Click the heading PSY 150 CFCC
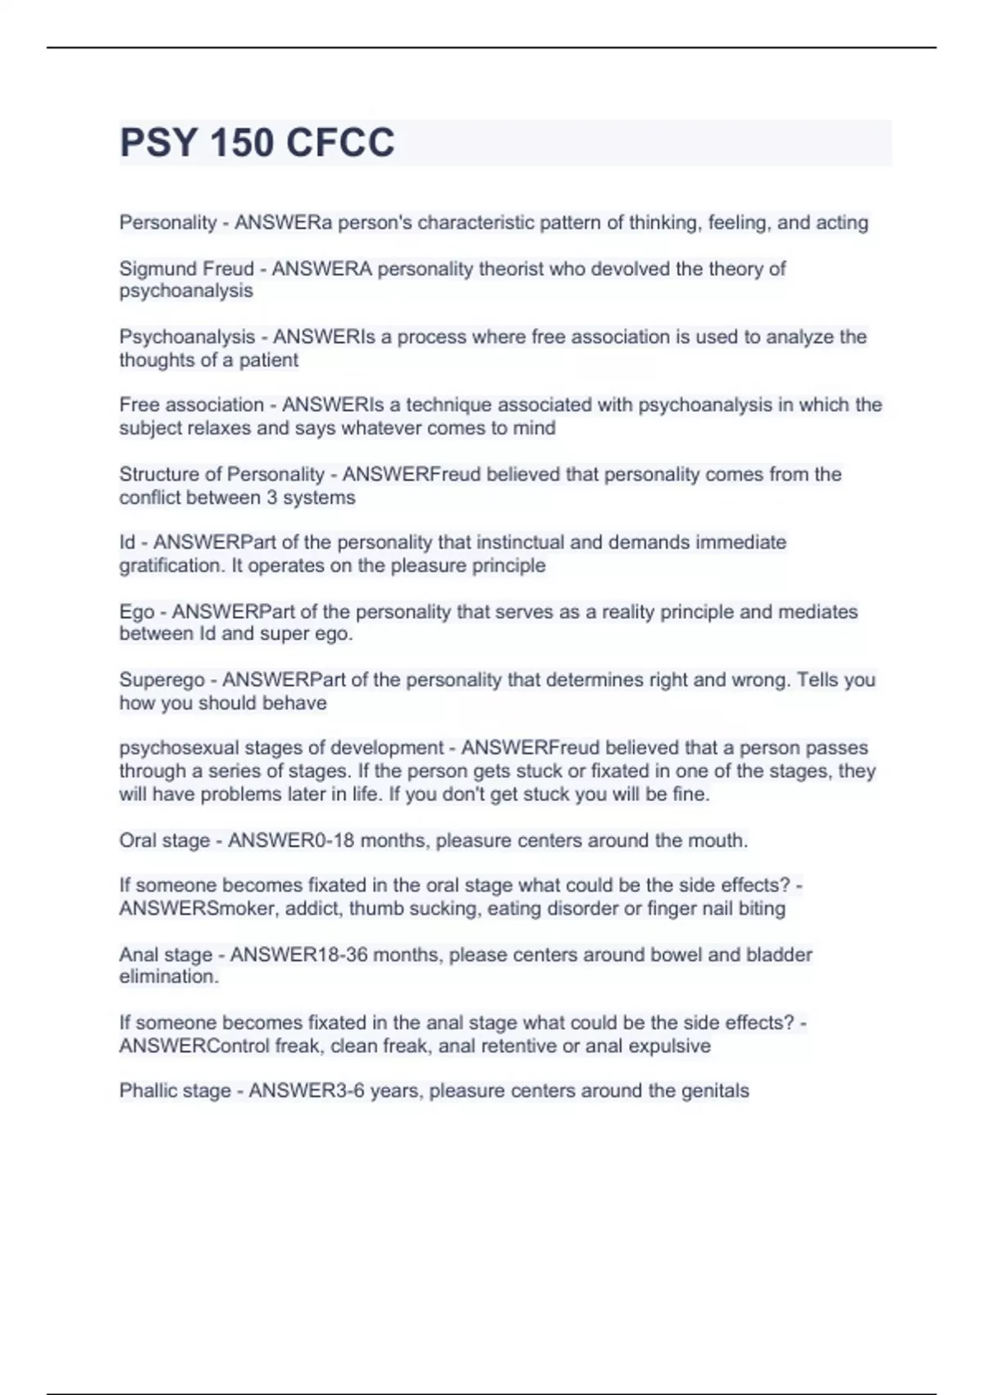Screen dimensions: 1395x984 pyautogui.click(x=257, y=143)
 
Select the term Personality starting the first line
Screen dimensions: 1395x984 pyautogui.click(x=167, y=222)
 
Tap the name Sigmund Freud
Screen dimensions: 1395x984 pyautogui.click(x=186, y=268)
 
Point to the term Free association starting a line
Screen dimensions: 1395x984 pyautogui.click(x=191, y=405)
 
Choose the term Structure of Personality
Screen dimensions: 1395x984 pyautogui.click(x=221, y=474)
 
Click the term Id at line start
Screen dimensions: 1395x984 pyautogui.click(x=127, y=542)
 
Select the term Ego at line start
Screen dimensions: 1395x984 pyautogui.click(x=136, y=611)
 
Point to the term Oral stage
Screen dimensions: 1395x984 pyautogui.click(x=164, y=840)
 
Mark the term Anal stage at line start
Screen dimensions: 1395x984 pyautogui.click(x=166, y=954)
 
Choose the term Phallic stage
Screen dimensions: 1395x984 pyautogui.click(x=175, y=1091)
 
